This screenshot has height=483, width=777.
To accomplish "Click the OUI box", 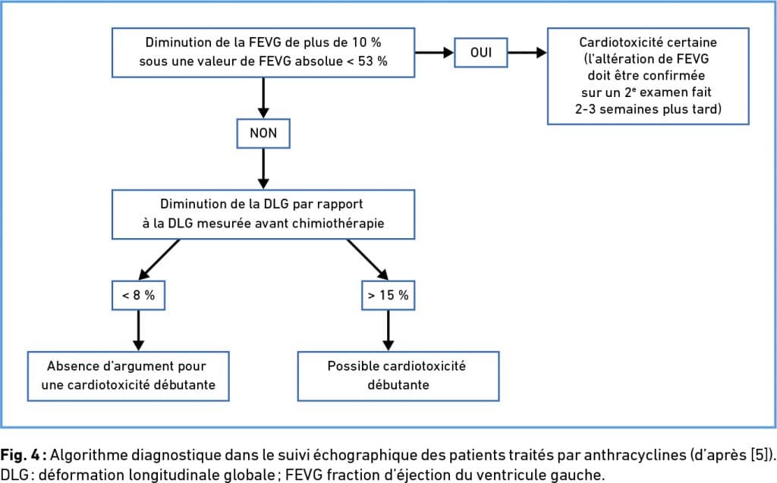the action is [480, 52].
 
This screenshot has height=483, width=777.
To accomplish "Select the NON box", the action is [263, 133].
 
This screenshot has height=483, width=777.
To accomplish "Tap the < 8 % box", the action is [138, 295].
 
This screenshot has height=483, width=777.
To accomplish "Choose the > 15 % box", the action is [388, 295].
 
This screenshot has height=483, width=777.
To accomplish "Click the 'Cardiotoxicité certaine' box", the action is [648, 76].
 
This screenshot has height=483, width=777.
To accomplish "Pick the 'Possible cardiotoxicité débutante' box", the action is [398, 376].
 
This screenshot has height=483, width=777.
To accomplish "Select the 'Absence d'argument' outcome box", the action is [128, 376].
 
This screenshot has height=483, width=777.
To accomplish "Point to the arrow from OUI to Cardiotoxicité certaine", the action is [527, 52].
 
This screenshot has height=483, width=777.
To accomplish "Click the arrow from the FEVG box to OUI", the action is [435, 52].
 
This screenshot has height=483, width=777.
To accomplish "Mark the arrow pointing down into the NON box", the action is [263, 98].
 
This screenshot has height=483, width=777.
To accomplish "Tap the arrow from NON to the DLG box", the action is [263, 168].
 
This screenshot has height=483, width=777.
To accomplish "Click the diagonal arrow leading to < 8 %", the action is [159, 260].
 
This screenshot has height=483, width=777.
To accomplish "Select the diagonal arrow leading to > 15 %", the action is [368, 260].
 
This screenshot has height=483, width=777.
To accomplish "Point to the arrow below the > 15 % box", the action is [388, 331].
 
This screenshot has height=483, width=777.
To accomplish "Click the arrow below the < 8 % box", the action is [138, 331].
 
